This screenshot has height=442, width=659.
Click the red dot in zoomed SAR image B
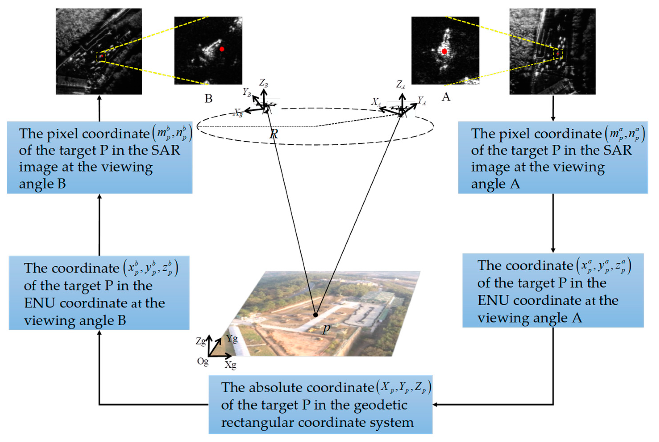coord(222,49)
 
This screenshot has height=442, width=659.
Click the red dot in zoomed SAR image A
coord(444,51)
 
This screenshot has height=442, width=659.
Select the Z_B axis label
coord(264,83)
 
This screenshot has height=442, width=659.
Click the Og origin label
coord(202,361)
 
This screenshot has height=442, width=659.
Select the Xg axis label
coord(230,365)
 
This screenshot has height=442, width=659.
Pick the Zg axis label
coord(201,341)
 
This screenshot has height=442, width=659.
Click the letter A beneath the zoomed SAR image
coord(446,97)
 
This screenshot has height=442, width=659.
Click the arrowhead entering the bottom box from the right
coord(435,404)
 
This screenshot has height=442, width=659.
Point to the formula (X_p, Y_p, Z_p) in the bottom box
coord(403,388)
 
